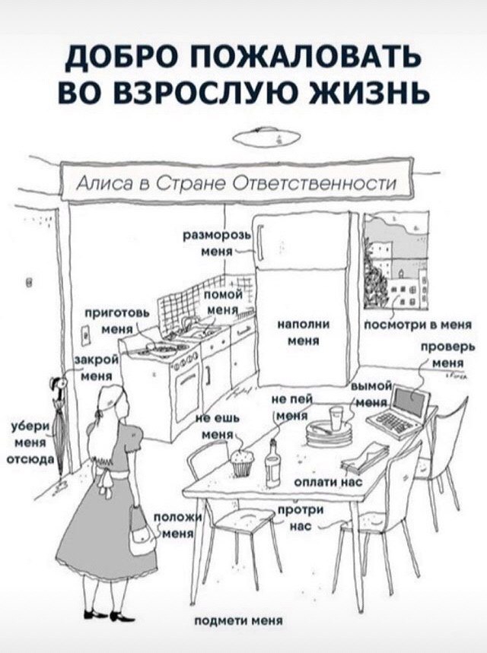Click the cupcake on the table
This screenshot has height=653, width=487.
[242, 462]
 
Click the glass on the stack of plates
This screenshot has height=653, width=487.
[336, 418]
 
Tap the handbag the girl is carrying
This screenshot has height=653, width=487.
[141, 532]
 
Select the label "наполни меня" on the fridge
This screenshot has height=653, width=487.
[304, 332]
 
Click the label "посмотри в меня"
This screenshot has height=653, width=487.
[419, 325]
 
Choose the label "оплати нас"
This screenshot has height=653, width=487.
[329, 482]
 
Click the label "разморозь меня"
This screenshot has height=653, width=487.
[216, 242]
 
